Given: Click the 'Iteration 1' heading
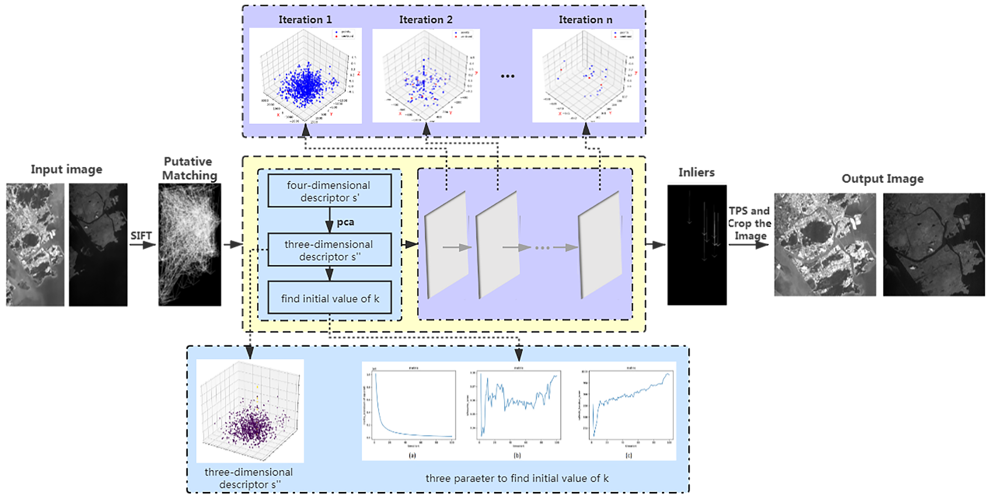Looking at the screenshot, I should click(x=305, y=19).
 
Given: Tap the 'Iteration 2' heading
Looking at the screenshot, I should click(x=425, y=19).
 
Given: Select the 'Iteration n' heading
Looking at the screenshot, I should click(x=585, y=19).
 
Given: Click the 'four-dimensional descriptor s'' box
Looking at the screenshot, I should click(x=329, y=191).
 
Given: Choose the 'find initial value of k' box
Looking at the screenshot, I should click(x=329, y=298).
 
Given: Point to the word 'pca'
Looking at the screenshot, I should click(x=345, y=222).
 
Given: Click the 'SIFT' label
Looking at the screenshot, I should click(x=141, y=235).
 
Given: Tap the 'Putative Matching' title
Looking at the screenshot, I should click(x=189, y=168).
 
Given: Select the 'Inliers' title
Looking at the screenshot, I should click(x=696, y=172).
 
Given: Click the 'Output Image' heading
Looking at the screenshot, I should click(x=882, y=179).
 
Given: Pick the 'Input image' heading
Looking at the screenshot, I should click(x=67, y=169).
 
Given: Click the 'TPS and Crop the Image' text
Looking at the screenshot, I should click(x=749, y=223).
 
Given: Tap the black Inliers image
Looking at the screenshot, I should click(x=696, y=245).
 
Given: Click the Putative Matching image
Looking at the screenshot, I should click(x=189, y=244).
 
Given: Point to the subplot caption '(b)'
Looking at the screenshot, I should click(x=517, y=456).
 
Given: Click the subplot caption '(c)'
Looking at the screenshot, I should click(x=629, y=456).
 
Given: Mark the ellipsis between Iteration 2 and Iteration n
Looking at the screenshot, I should click(x=507, y=76).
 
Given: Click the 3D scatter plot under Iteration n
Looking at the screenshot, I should click(x=585, y=76).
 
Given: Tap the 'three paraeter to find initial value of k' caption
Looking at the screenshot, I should click(x=517, y=478).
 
